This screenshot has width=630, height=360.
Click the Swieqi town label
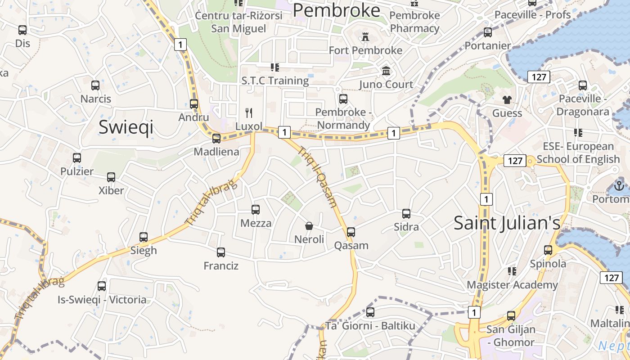(126, 127)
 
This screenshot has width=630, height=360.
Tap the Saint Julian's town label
(507, 223)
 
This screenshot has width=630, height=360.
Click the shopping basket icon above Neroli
(309, 225)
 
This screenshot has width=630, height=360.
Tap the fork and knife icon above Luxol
(249, 112)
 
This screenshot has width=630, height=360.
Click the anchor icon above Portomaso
(619, 185)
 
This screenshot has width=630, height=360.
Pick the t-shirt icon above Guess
(507, 99)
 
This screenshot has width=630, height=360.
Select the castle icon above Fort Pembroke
(365, 37)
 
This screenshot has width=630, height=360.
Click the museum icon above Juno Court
(386, 71)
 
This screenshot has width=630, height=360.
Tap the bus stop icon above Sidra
(406, 214)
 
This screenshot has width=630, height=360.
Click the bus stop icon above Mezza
(256, 210)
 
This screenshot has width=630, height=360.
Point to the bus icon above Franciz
(221, 252)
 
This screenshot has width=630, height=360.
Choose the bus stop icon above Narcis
(95, 85)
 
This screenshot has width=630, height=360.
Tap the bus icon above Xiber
(111, 177)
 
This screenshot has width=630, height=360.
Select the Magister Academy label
(512, 285)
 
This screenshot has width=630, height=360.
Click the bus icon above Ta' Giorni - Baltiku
(370, 312)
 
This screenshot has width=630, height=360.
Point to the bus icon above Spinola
(548, 250)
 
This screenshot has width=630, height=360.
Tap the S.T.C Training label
(275, 81)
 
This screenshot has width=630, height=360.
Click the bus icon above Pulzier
(77, 158)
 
